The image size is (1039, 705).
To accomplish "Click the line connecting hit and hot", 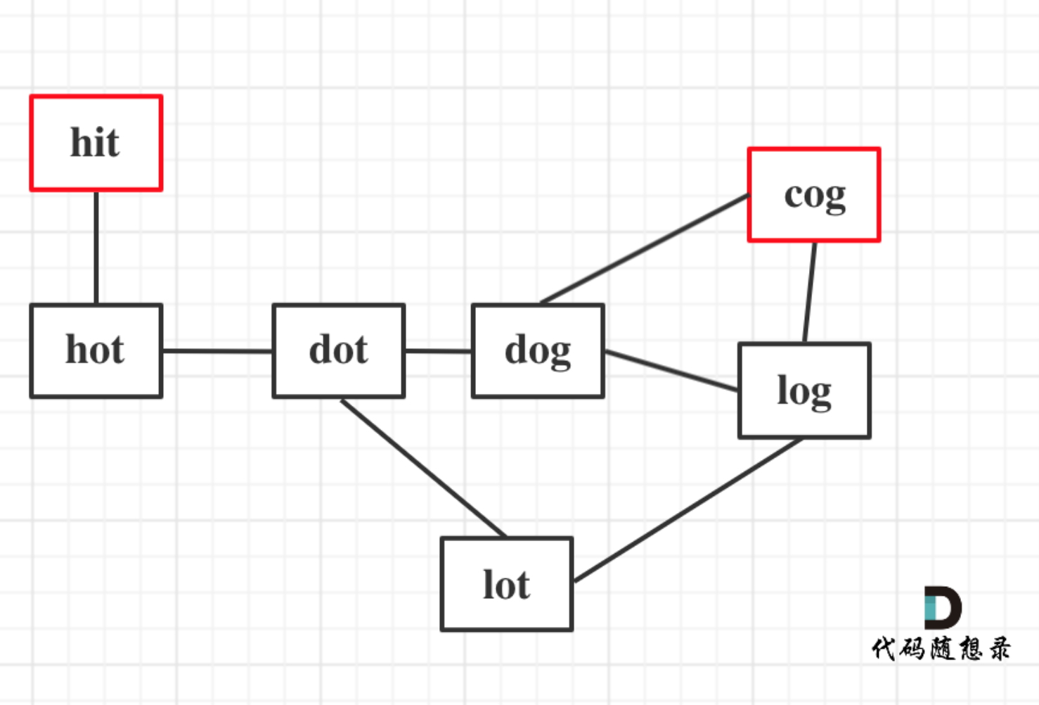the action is point(96,248).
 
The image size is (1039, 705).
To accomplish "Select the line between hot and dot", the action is point(217,351).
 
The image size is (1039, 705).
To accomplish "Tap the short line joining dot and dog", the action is point(439,351).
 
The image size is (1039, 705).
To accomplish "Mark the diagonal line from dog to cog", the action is point(645,249).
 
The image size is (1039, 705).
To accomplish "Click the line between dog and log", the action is point(671,370).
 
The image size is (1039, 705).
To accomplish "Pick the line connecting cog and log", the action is point(809,293).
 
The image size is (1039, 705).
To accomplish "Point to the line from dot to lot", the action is point(423,468).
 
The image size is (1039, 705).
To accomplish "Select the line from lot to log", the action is point(688,509).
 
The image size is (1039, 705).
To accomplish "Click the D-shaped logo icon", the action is point(943,607).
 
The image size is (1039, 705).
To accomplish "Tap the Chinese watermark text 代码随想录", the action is point(941,649).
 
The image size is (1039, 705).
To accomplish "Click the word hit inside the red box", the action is point(95,142).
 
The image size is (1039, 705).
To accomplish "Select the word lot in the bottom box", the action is point(507,584).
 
